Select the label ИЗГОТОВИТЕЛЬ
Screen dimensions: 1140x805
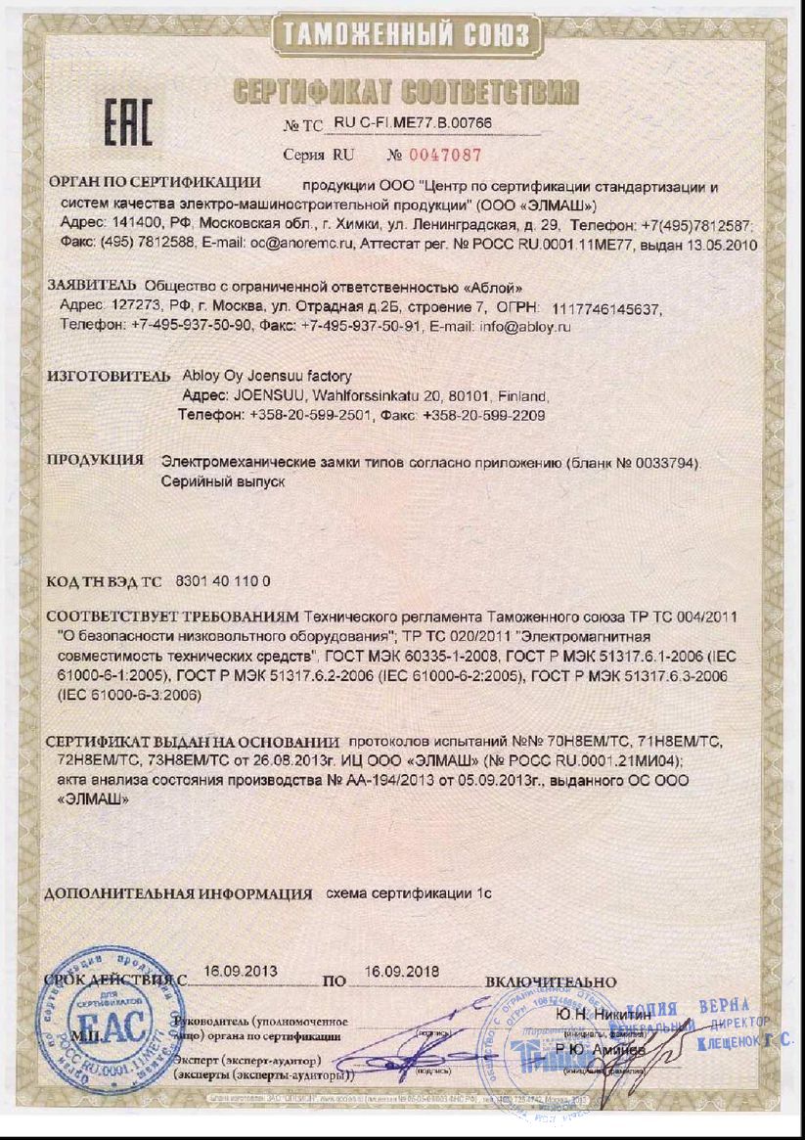[x=110, y=376]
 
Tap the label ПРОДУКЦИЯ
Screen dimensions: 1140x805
[x=96, y=460]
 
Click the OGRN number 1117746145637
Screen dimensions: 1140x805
[x=606, y=308]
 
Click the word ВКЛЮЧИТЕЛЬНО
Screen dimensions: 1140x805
[x=551, y=981]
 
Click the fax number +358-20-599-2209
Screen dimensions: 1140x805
[x=483, y=416]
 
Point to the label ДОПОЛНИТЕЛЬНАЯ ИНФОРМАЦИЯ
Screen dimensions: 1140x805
[x=179, y=893]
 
